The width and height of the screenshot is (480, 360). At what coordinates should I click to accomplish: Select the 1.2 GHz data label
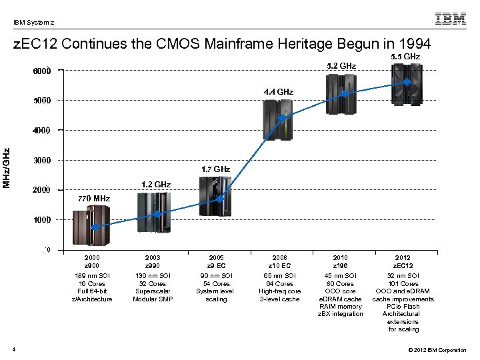(x=155, y=184)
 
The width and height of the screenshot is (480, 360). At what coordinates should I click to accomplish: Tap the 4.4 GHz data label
(x=278, y=91)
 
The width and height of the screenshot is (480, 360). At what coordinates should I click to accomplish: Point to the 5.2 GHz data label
(x=341, y=66)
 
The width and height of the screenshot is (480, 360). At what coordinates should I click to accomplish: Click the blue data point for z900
(x=95, y=227)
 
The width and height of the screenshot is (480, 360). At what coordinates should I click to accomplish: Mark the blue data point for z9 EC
(x=220, y=198)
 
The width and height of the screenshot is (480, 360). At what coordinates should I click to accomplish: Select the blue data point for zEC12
(x=407, y=82)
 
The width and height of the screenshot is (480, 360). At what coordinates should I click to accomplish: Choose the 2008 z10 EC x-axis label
(x=279, y=261)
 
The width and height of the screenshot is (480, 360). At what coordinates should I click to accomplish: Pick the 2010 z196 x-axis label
(x=341, y=261)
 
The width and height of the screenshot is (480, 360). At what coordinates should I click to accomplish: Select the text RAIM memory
(x=341, y=306)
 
